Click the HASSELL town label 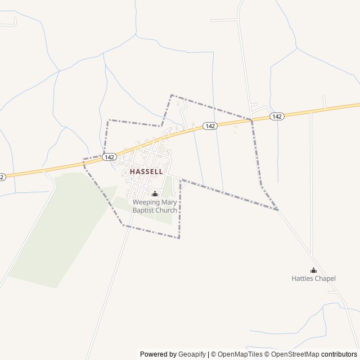click(146, 171)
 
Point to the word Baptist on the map click(145, 210)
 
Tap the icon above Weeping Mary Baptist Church click(155, 194)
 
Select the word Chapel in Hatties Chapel click(325, 278)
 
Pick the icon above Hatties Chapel click(313, 270)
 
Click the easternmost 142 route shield click(276, 116)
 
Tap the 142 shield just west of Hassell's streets click(110, 158)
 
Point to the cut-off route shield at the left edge click(2, 177)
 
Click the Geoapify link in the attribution click(192, 354)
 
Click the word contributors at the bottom click(340, 354)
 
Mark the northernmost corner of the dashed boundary click(171, 95)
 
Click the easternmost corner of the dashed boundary click(278, 210)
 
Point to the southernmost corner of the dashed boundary click(179, 238)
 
